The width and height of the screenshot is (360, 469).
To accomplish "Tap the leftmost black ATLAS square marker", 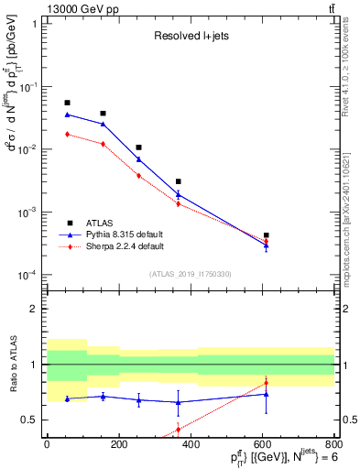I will pos(67,103).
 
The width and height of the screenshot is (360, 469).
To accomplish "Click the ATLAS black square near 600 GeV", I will pos(266,235).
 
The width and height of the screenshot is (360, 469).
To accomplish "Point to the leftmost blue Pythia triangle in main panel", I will pos(67,115).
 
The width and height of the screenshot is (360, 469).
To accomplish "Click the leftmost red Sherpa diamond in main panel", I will pos(67,135).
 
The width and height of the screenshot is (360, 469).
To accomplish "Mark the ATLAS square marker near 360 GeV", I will pos(178,181).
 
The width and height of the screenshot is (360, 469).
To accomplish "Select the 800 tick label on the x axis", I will pos(333,444).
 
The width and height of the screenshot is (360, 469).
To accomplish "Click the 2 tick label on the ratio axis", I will pos(34,309).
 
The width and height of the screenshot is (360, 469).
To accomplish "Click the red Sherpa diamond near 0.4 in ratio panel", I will pos(178,429).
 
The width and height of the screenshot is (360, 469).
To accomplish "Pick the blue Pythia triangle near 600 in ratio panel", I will pos(266,394).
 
